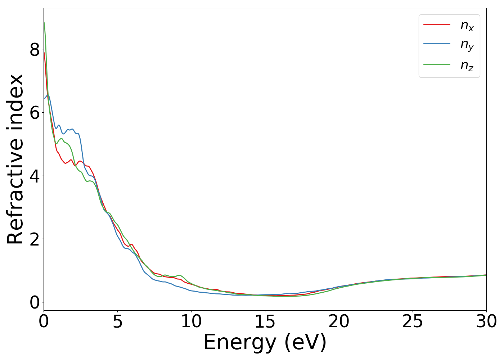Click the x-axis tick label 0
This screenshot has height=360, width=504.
coord(44,321)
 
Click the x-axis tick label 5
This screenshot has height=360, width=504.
coord(117,321)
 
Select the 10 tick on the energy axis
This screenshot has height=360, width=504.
coord(191,321)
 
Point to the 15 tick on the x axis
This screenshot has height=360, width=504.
coord(265,321)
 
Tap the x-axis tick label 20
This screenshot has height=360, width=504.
coord(339,321)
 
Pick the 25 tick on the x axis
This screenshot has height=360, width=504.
coord(413,321)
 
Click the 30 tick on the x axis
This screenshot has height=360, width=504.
coord(486,321)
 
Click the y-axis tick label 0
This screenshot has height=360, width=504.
coord(35,303)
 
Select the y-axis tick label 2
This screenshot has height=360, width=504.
coord(35,239)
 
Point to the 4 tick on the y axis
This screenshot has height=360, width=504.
coord(35,176)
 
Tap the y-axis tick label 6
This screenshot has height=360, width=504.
coord(35,113)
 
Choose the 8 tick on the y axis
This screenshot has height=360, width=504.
coord(35,50)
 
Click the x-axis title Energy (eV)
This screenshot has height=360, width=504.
coord(265,342)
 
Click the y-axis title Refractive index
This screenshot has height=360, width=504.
coord(15,159)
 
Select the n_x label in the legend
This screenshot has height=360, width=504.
coord(467,26)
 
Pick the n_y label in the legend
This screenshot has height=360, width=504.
coord(467,45)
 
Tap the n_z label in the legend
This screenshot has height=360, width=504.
coord(467,66)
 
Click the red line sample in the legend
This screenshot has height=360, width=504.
coord(437,24)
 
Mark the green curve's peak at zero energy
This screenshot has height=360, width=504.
coord(44,22)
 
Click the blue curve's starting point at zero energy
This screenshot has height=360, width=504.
coord(44,99)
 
